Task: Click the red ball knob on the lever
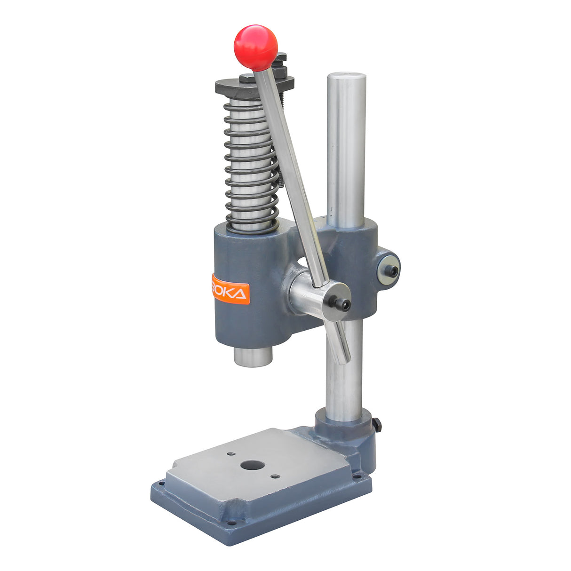255,48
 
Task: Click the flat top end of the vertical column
347,76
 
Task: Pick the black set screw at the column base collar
378,426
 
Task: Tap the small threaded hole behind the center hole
230,454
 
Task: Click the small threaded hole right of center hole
275,476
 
